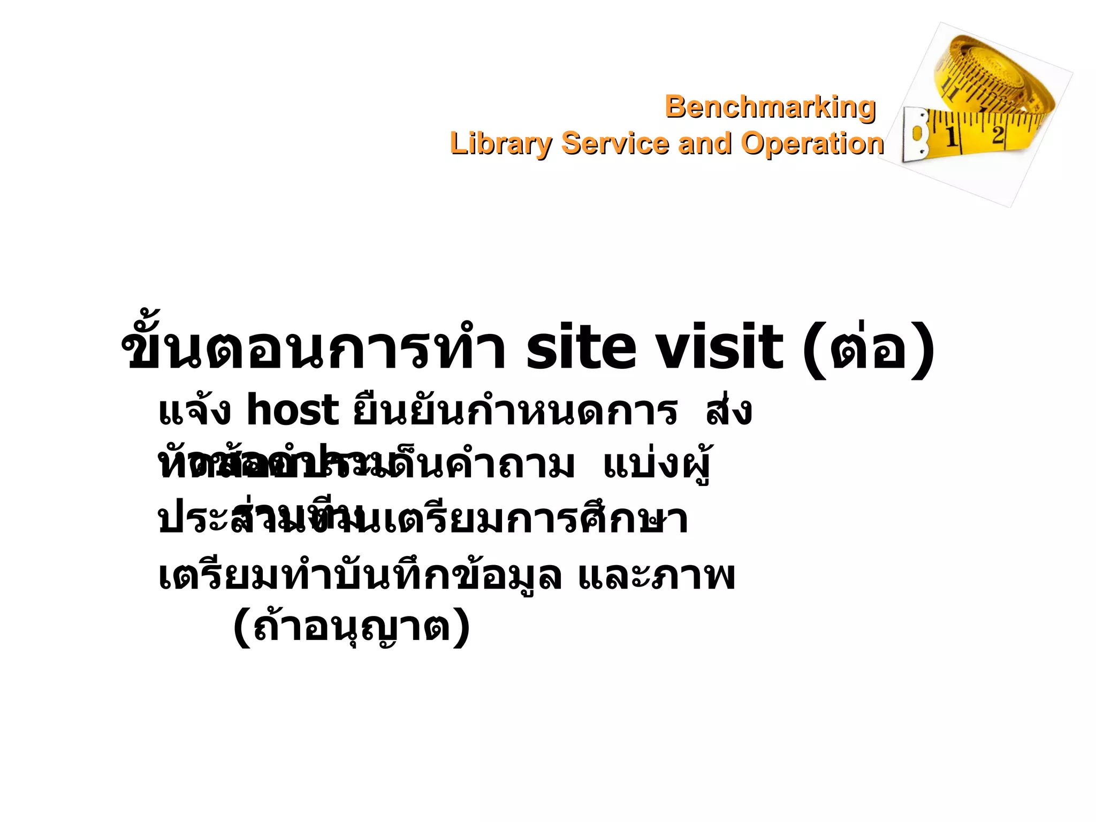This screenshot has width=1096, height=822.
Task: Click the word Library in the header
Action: tap(501, 144)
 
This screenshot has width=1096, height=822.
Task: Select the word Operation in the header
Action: tap(812, 144)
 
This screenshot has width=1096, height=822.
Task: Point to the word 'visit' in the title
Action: tap(720, 348)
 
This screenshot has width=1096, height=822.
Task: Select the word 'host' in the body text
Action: tap(292, 411)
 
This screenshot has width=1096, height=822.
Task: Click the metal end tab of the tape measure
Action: tap(916, 135)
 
